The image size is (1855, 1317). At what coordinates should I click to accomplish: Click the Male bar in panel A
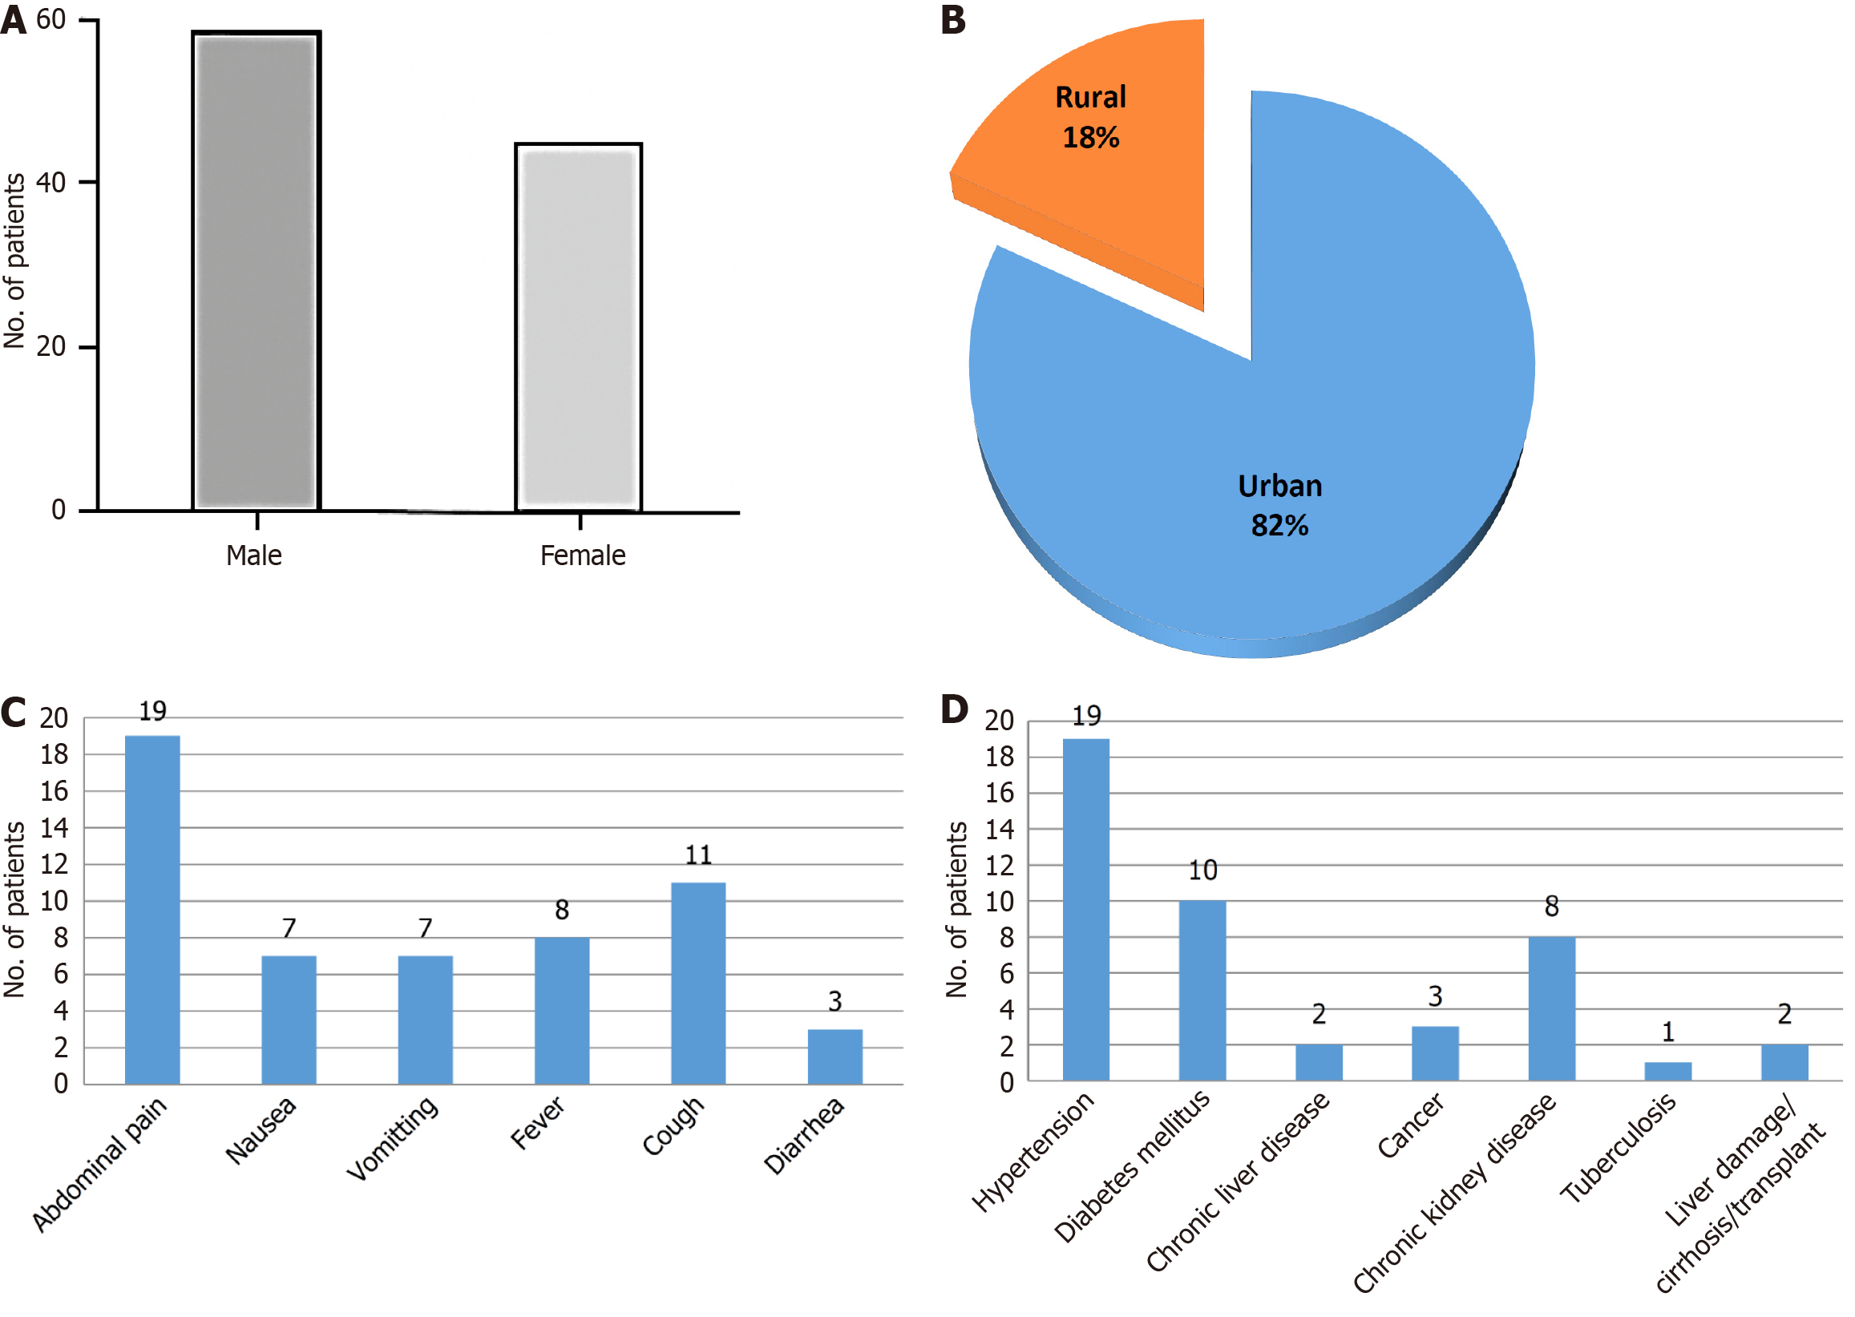coord(256,272)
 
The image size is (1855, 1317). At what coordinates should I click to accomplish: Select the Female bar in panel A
coord(578,328)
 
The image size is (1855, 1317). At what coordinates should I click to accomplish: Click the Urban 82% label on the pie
coord(1279,505)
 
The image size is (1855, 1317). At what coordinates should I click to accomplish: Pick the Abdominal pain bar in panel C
coord(152,909)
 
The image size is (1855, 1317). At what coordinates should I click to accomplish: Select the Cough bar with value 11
coord(697,983)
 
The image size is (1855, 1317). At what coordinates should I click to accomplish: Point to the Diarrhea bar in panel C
coord(835,1056)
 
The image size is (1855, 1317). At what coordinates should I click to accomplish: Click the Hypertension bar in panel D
coord(1085,909)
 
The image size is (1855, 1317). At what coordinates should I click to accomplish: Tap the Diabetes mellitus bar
coord(1202,990)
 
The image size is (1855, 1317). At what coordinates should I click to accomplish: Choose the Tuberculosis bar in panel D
coord(1667,1070)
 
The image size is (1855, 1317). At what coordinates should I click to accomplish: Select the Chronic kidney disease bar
coord(1551,1008)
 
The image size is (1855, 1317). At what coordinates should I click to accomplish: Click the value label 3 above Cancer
coord(1435,996)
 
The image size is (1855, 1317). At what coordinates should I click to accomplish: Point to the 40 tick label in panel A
coord(51,183)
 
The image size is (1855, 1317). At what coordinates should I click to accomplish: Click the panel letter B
coord(953,19)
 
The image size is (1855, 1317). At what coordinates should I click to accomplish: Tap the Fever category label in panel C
coord(537,1122)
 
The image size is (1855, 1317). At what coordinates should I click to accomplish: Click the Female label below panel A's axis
coord(582,555)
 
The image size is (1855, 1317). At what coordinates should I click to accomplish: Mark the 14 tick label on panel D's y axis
coord(1000,829)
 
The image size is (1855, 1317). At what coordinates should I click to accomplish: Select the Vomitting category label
coord(393,1137)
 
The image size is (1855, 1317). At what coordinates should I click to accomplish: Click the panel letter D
coord(954,709)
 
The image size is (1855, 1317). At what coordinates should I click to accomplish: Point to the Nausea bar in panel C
coord(289,1020)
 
